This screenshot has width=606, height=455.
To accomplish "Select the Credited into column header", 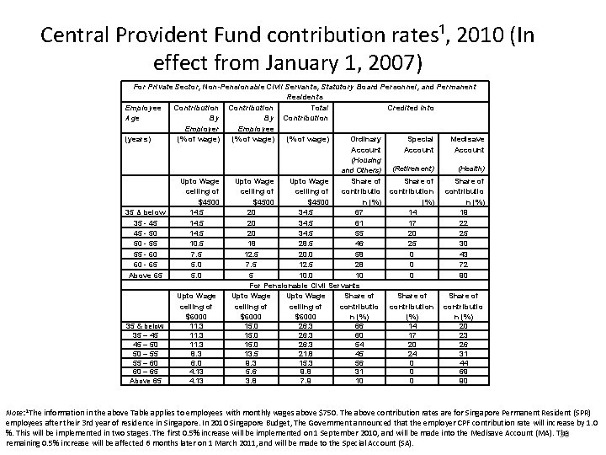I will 410,107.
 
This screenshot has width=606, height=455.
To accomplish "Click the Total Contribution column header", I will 311,112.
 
